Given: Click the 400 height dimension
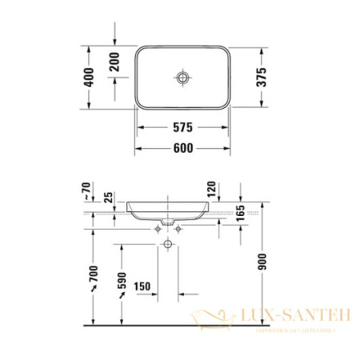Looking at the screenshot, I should [x=89, y=77].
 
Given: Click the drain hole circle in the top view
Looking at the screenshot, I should [x=181, y=78].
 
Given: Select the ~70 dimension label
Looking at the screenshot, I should [x=88, y=193].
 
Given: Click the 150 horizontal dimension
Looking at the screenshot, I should [x=143, y=286].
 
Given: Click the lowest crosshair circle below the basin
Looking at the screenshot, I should [x=169, y=243].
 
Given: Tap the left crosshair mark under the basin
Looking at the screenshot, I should [x=158, y=229].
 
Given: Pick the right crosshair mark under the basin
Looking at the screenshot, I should [x=178, y=229].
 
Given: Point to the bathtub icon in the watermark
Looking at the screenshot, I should [x=214, y=320].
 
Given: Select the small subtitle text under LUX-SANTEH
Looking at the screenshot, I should [x=293, y=329].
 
